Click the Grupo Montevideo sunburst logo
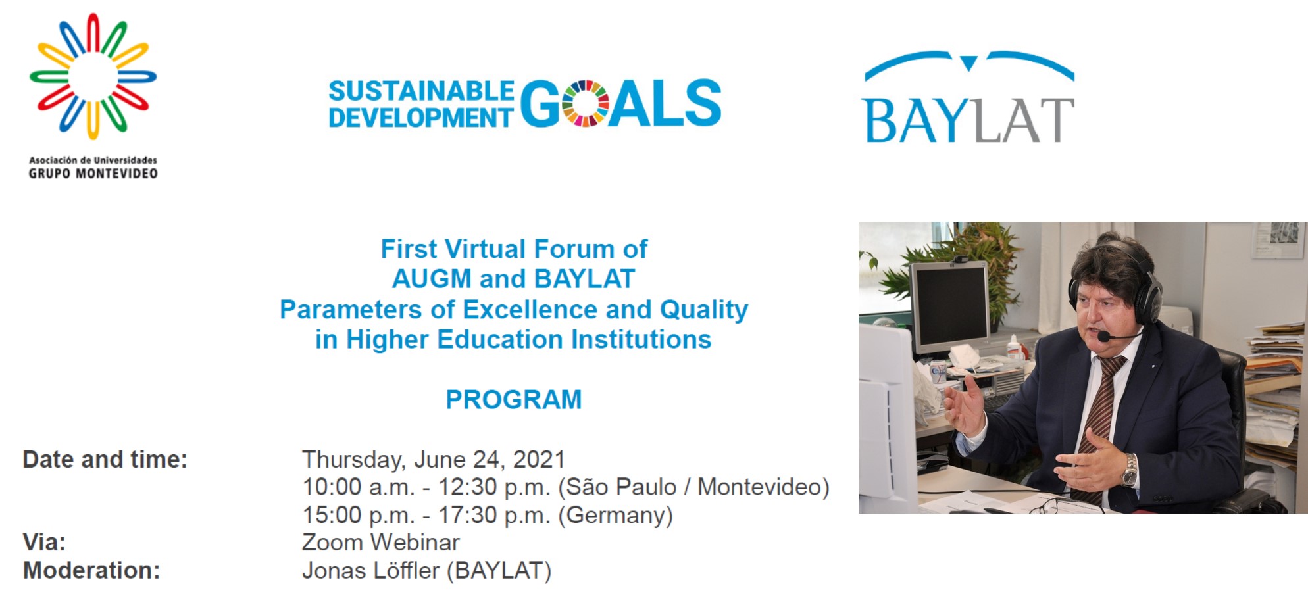(93, 76)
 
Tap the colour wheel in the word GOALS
(585, 103)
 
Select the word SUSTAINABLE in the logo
(421, 91)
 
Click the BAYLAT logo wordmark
(968, 120)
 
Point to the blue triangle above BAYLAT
(968, 63)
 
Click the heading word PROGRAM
(514, 399)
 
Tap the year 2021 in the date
(539, 459)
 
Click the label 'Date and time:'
(105, 459)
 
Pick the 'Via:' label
(44, 543)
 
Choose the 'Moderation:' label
(91, 570)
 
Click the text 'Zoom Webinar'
(381, 543)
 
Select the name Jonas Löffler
(370, 570)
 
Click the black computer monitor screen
(950, 308)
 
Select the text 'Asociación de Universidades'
(93, 160)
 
